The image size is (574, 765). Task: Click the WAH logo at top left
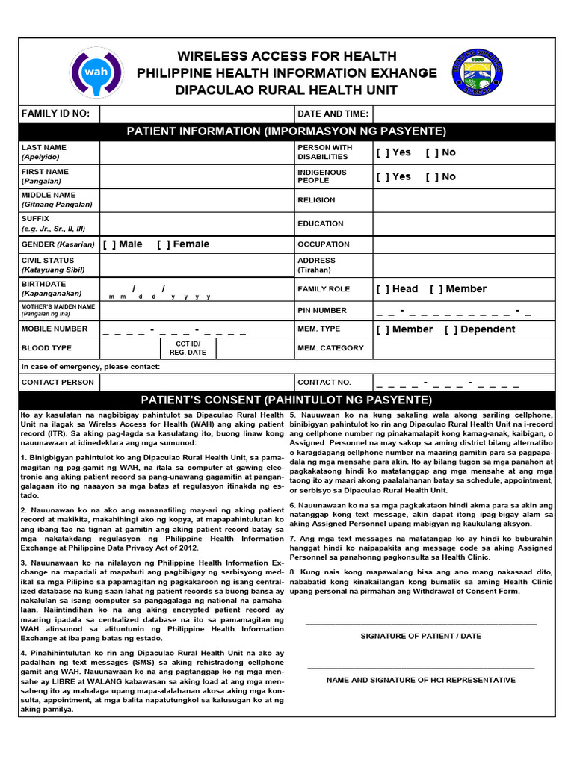[x=98, y=72]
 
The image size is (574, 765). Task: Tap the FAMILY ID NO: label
[x=55, y=114]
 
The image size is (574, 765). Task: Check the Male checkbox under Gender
[x=109, y=244]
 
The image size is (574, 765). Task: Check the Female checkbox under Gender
[x=164, y=244]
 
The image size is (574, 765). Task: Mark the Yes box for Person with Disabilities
[x=383, y=152]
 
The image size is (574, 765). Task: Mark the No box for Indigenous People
[x=432, y=177]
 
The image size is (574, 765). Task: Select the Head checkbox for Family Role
[x=383, y=289]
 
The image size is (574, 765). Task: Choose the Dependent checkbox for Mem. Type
[x=451, y=329]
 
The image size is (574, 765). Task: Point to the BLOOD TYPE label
[x=46, y=348]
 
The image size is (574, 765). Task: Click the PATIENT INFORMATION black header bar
[x=286, y=132]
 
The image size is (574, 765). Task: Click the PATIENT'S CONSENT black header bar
[x=286, y=400]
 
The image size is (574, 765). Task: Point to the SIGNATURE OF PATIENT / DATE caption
[x=421, y=637]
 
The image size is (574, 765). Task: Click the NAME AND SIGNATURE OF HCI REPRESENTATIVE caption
[x=421, y=681]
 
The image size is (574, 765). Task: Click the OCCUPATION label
[x=323, y=244]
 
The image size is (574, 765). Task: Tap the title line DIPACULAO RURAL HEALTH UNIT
[x=286, y=90]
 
